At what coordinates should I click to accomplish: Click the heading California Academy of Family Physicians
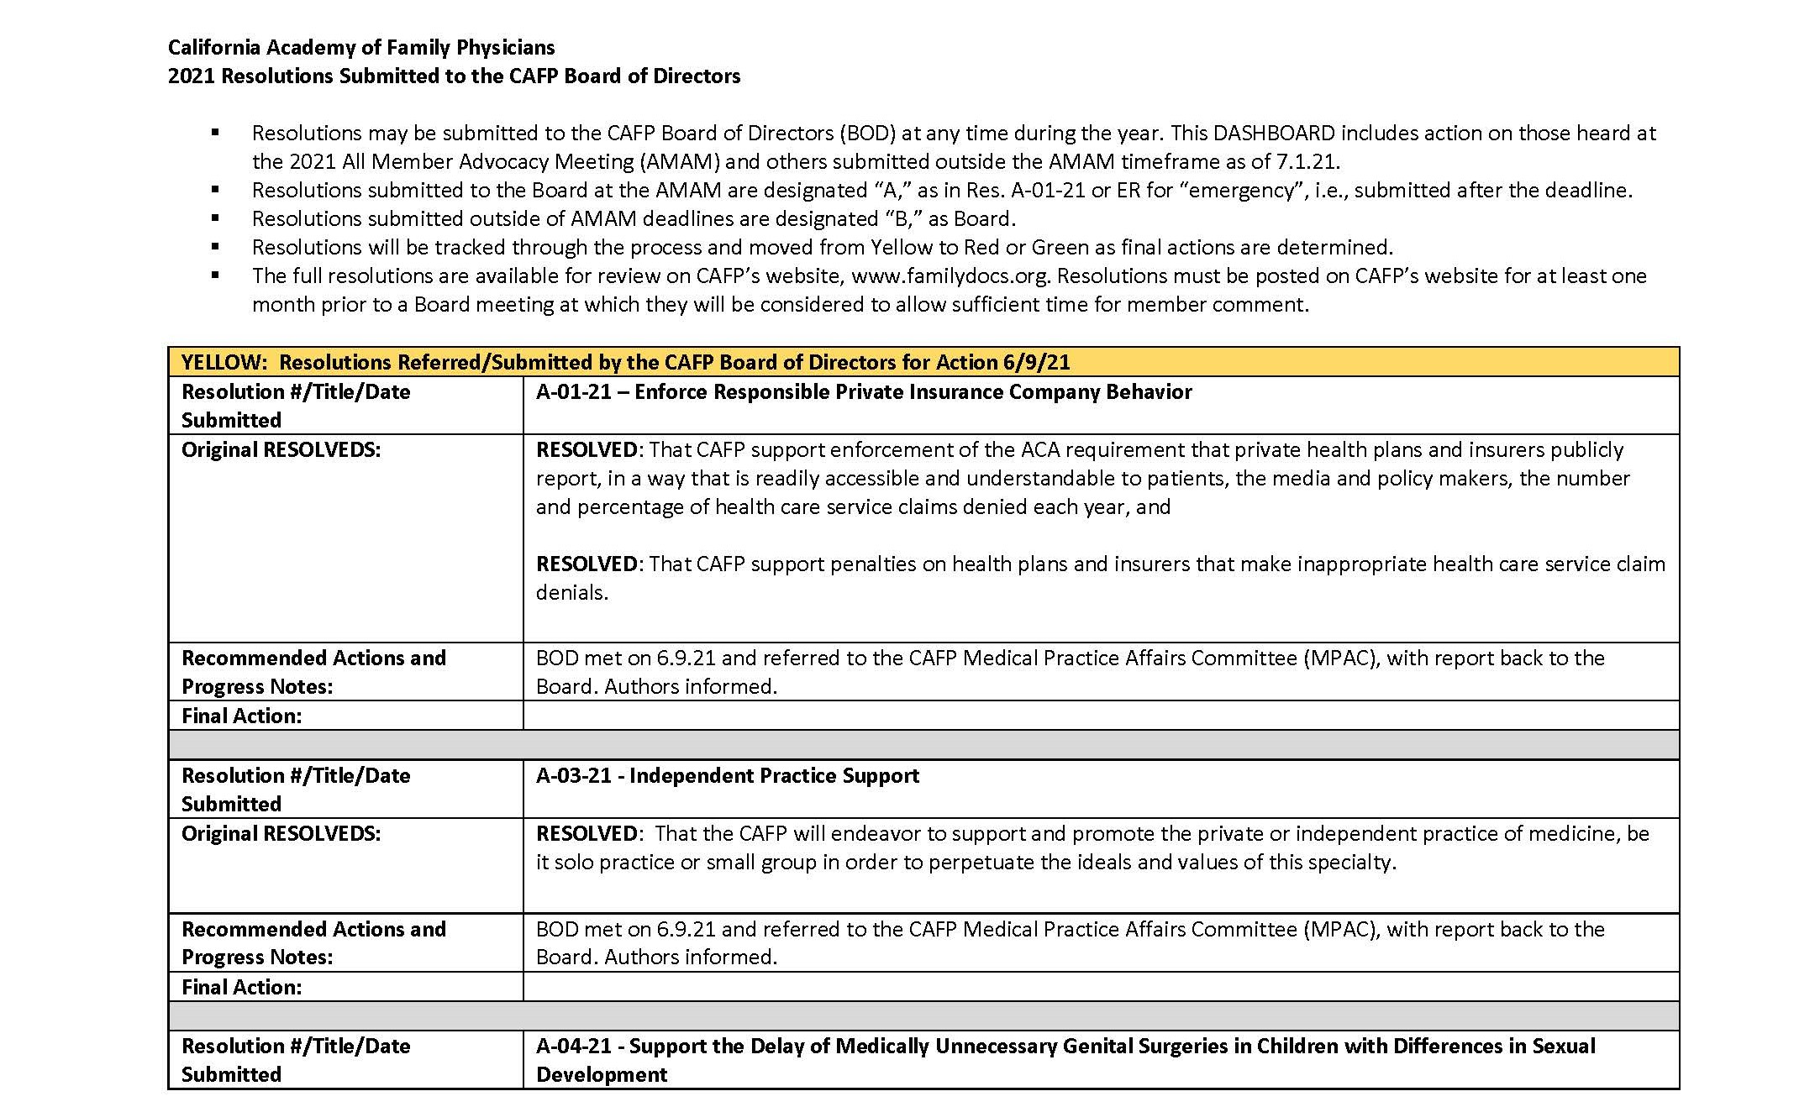(361, 47)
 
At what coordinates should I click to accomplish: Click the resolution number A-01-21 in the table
(574, 391)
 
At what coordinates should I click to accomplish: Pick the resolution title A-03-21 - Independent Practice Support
(728, 775)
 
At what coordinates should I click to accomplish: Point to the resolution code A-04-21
(574, 1046)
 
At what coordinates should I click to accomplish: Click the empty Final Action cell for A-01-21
(1101, 716)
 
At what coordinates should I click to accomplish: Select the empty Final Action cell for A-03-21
(1101, 987)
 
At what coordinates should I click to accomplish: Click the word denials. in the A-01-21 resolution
(571, 592)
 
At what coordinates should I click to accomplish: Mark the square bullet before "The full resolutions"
(216, 275)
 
